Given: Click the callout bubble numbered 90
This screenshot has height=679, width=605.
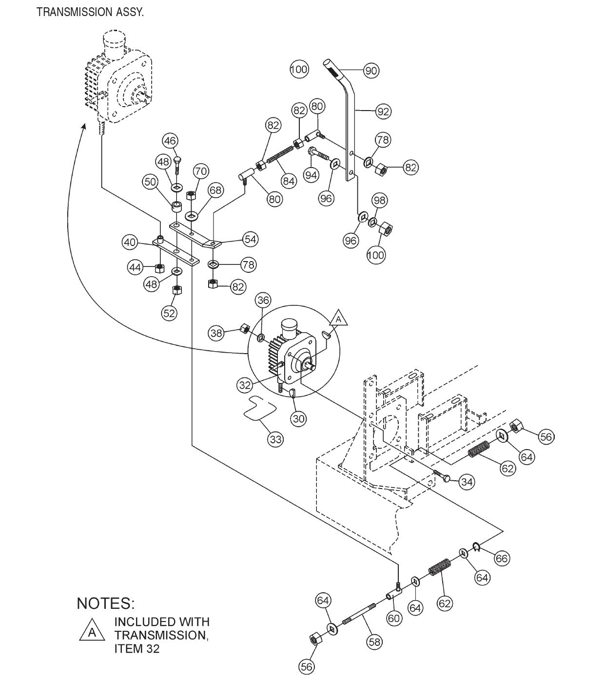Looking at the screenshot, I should tap(371, 71).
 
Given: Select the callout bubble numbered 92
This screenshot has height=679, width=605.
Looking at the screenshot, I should tap(383, 112).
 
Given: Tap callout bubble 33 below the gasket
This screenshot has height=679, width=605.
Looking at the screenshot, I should tap(275, 439).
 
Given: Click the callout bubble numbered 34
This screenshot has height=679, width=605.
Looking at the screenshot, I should tap(467, 482).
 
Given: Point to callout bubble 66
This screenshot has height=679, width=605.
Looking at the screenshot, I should tap(501, 558).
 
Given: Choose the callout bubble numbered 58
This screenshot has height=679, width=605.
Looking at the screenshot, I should tap(374, 642).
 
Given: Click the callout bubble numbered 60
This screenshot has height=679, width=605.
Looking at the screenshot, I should tap(393, 618).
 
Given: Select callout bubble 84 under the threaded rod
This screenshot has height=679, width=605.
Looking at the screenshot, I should tap(289, 181).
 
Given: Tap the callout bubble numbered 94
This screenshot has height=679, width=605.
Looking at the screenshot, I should tap(311, 175).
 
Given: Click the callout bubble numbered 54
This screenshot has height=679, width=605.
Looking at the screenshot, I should tap(251, 239).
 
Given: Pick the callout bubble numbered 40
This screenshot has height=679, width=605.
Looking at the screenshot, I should tap(129, 242).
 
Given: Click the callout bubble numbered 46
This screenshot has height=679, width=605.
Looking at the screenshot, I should tap(170, 141).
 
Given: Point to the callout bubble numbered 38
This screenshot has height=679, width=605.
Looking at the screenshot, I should tap(216, 333).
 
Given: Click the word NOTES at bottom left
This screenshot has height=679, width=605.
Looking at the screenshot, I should tap(105, 603).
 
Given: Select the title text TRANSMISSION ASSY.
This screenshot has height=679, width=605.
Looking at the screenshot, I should tap(90, 13).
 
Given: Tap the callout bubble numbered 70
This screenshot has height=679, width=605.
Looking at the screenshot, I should tap(201, 171).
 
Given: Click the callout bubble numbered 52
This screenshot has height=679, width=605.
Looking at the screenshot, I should tap(169, 313).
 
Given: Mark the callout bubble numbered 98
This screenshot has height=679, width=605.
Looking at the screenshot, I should tap(379, 200).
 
